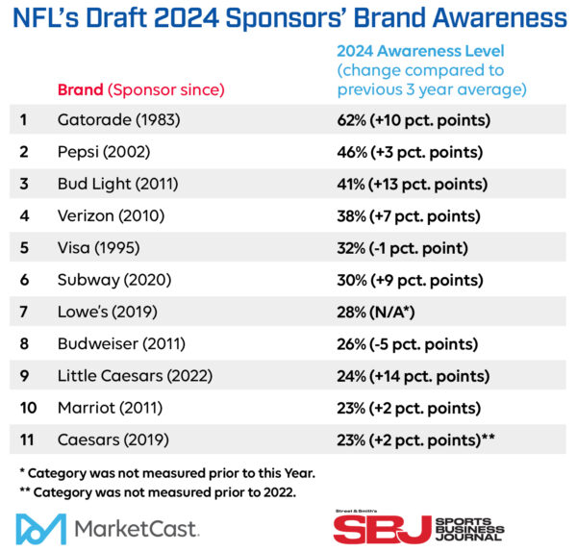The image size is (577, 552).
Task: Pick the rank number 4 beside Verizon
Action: click(26, 216)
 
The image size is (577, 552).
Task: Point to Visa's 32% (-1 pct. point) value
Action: click(402, 248)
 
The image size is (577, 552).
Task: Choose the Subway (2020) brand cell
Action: click(111, 280)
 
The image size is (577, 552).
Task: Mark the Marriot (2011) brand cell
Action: click(109, 407)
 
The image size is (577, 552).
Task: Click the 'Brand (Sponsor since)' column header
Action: click(140, 89)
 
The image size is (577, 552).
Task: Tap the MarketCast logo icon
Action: click(41, 528)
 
